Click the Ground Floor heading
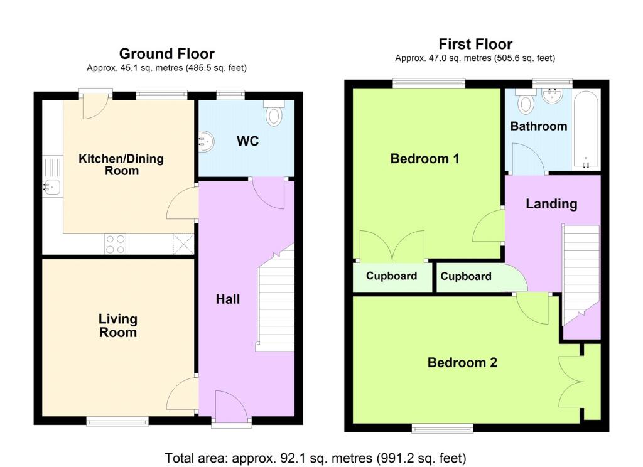point(166,54)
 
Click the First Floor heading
point(475,44)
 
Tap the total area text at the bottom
point(316,458)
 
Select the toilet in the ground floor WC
point(274,113)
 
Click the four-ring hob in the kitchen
point(115,244)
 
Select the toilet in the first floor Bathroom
point(524,100)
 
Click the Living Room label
point(117,326)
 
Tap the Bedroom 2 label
point(462,362)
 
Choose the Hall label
point(228,299)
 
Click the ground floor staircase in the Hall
point(275,301)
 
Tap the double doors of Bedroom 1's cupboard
point(391,247)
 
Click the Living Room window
point(117,421)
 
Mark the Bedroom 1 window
point(429,82)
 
